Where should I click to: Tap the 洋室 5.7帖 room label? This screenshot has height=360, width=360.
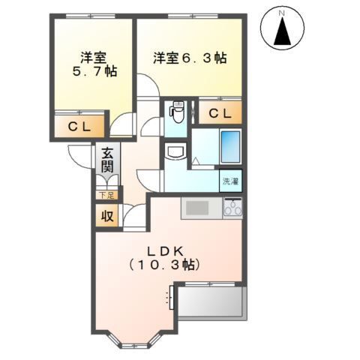(x=92, y=64)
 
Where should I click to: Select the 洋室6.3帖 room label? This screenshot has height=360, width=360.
(x=190, y=57)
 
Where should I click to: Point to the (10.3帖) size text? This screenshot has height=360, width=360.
(x=170, y=265)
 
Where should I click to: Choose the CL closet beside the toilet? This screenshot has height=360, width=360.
(x=220, y=113)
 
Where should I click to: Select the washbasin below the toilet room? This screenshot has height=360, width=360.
(x=176, y=153)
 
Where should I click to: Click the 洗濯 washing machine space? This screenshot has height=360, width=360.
(x=231, y=181)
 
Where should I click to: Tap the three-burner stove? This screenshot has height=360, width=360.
(x=232, y=208)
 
